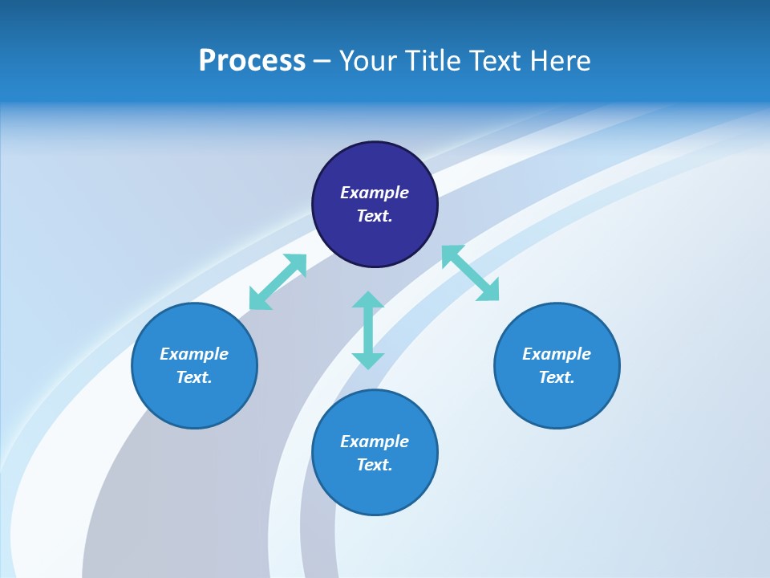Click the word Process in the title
pyautogui.click(x=252, y=61)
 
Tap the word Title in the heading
pyautogui.click(x=436, y=61)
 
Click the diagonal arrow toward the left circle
pyautogui.click(x=278, y=282)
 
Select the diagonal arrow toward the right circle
pyautogui.click(x=470, y=273)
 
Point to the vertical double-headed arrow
pyautogui.click(x=368, y=330)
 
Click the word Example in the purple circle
pyautogui.click(x=375, y=193)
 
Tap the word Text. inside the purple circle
pyautogui.click(x=375, y=216)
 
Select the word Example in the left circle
pyautogui.click(x=194, y=354)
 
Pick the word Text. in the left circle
pyautogui.click(x=194, y=377)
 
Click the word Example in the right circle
pyautogui.click(x=557, y=354)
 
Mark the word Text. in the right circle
pyautogui.click(x=557, y=377)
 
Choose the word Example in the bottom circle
pyautogui.click(x=375, y=442)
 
